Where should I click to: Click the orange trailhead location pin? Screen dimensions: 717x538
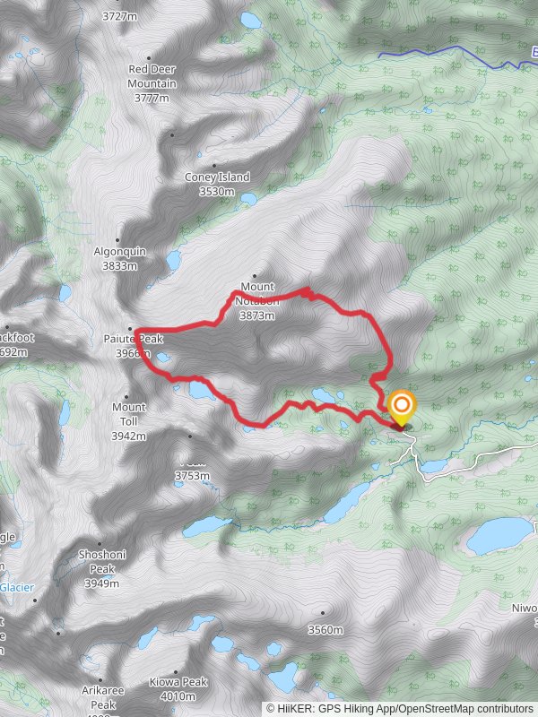[401, 408]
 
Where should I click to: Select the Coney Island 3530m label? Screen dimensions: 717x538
[217, 184]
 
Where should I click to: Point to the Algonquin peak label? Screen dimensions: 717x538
[119, 258]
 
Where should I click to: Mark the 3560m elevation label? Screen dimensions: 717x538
[325, 629]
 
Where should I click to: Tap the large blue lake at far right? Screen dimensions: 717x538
[498, 535]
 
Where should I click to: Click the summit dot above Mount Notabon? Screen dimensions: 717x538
[255, 276]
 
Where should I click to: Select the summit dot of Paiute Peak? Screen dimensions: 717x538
[131, 327]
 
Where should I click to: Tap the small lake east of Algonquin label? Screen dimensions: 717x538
[173, 260]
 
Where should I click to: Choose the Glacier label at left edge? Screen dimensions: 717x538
[16, 587]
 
